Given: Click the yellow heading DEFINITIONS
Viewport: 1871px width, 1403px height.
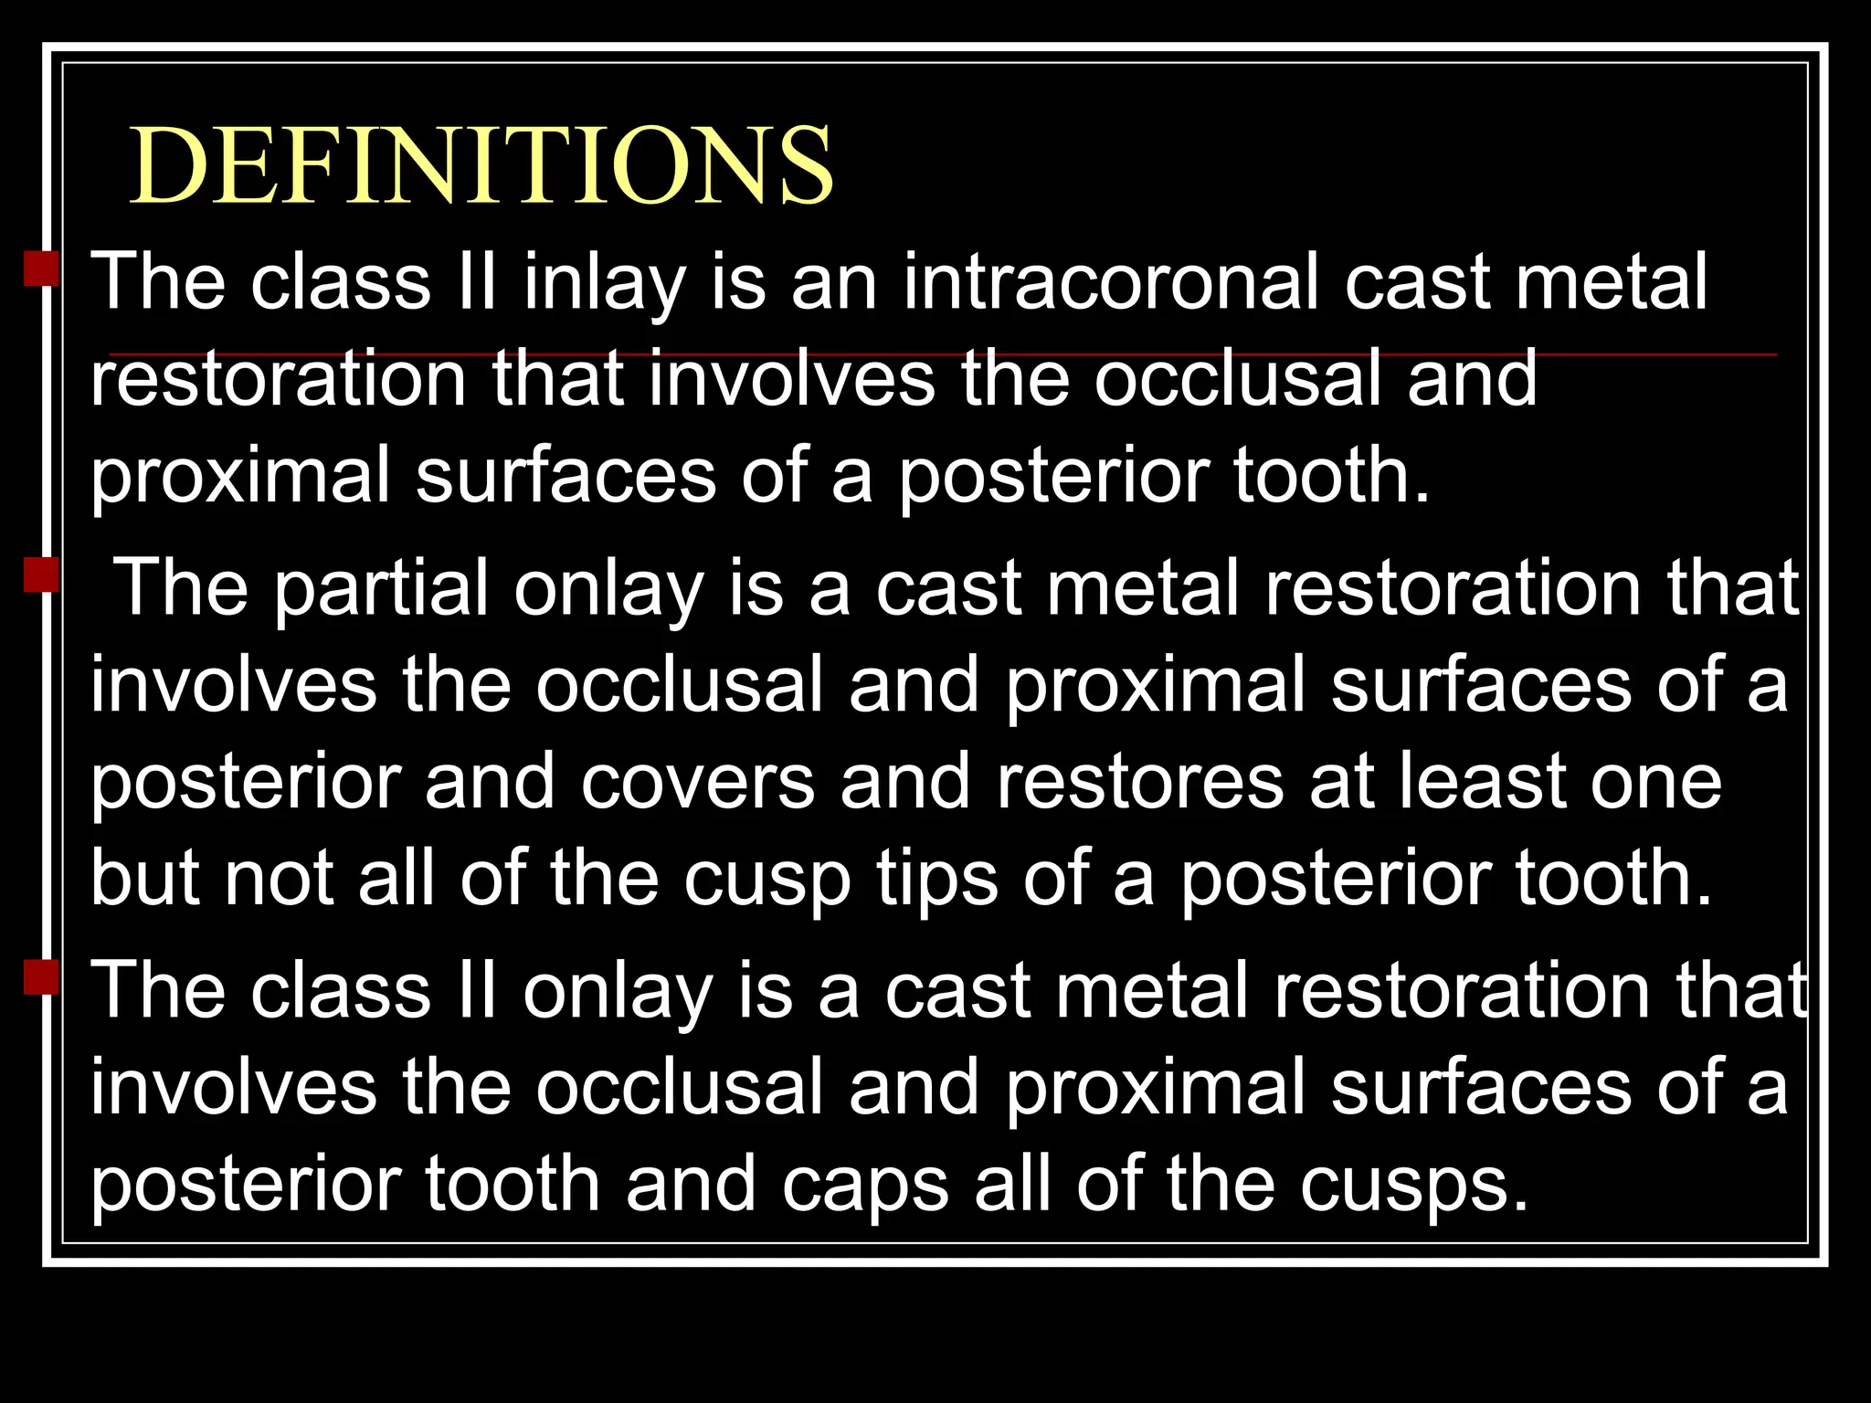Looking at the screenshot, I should tap(481, 166).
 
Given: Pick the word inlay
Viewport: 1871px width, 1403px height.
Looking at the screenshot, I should tap(604, 283).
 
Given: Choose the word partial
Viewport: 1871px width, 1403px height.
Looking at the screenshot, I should tap(381, 590).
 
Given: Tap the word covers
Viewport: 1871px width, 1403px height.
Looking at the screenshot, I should tap(697, 782).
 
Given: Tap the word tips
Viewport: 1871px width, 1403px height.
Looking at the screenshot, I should tap(937, 879).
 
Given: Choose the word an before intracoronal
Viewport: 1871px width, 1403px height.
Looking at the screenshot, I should tap(834, 283).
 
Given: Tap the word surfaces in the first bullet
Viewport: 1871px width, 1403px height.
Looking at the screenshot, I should tap(566, 475).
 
